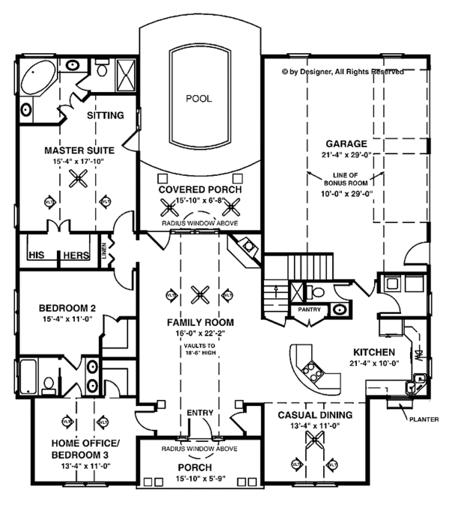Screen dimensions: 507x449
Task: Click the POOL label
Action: click(x=198, y=98)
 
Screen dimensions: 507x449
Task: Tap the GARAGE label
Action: click(x=345, y=143)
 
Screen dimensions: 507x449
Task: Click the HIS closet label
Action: click(x=36, y=255)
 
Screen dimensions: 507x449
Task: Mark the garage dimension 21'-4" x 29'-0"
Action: click(x=345, y=154)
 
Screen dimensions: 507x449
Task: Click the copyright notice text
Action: click(x=343, y=73)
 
